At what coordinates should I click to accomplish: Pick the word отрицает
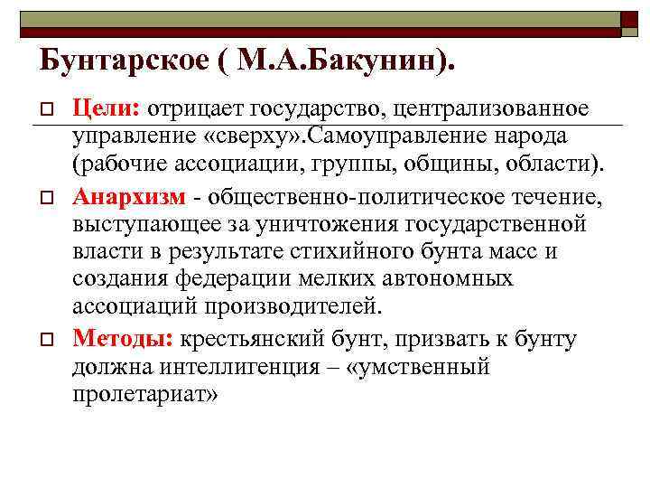pyautogui.click(x=190, y=108)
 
